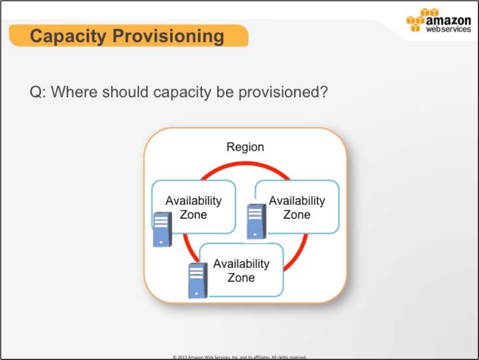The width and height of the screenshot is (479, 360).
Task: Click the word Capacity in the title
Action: click(68, 36)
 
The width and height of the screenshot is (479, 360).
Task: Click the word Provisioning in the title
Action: click(168, 36)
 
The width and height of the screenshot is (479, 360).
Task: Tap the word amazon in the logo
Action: click(448, 20)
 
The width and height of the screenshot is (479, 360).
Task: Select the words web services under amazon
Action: click(449, 29)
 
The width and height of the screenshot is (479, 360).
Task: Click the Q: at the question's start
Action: click(38, 92)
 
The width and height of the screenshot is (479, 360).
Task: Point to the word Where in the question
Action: click(74, 91)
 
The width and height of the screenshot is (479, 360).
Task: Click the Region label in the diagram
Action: click(246, 147)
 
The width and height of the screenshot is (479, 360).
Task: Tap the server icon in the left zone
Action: click(162, 229)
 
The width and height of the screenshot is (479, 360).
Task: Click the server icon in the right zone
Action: click(257, 221)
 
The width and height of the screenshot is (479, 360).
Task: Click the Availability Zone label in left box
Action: click(194, 208)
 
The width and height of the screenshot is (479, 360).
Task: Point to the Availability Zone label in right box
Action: click(297, 208)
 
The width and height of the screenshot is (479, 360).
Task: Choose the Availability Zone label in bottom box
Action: click(241, 271)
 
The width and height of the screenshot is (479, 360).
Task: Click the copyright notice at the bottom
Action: click(239, 357)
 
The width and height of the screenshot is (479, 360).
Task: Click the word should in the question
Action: click(125, 91)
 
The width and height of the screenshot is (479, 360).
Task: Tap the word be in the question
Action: click(225, 91)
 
